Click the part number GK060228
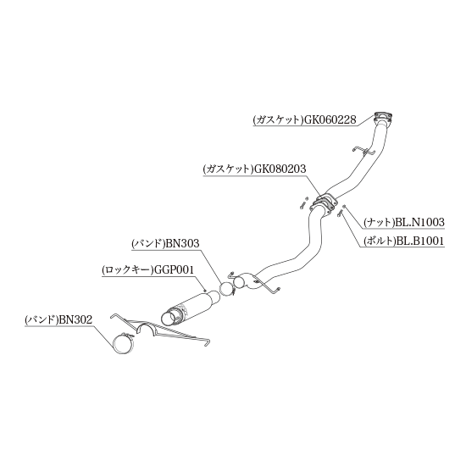(x=329, y=120)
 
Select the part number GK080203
(x=279, y=169)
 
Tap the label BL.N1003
(x=419, y=222)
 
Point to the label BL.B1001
(x=419, y=241)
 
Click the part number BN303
(x=182, y=244)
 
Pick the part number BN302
(x=75, y=319)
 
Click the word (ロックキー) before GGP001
(x=127, y=270)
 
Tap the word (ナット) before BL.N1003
(x=379, y=223)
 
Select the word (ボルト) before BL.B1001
(x=380, y=241)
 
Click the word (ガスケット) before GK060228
(x=277, y=120)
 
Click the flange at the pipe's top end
(x=383, y=116)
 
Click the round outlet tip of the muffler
(x=169, y=318)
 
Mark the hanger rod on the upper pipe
(x=363, y=151)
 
